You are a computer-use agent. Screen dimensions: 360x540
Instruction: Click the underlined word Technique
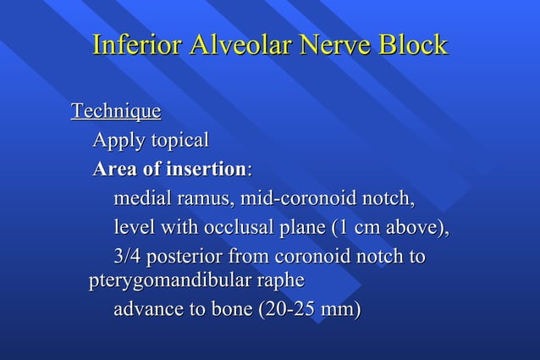[116, 112]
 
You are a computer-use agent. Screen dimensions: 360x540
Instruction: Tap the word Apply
[117, 140]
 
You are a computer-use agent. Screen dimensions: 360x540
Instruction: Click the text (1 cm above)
[389, 228]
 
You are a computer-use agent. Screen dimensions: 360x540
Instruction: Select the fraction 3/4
[129, 256]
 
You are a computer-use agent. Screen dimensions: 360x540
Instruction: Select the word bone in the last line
[225, 310]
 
